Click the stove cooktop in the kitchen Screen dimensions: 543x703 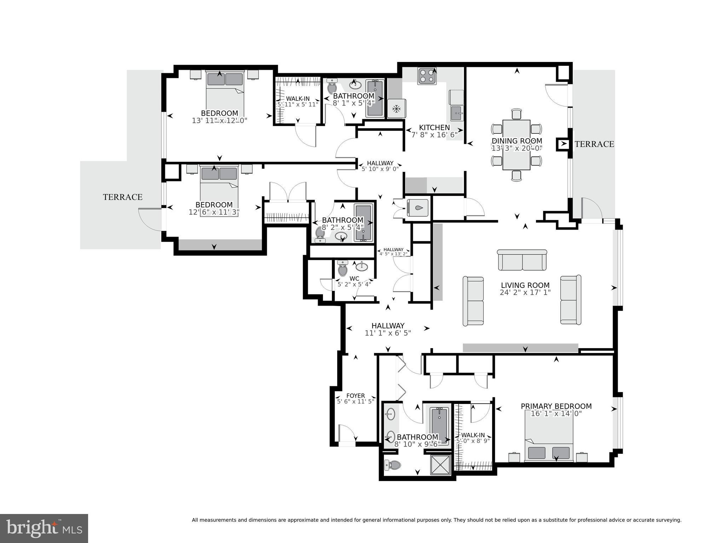click(x=427, y=76)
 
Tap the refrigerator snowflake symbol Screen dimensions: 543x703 click(x=397, y=109)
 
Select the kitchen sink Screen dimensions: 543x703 click(x=456, y=113)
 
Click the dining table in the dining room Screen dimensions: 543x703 click(x=516, y=145)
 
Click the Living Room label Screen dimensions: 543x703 click(x=525, y=285)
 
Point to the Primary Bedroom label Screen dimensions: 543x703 click(x=556, y=406)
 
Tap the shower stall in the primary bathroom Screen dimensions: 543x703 click(x=440, y=465)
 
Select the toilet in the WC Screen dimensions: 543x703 click(x=342, y=269)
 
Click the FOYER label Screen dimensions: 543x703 click(x=355, y=395)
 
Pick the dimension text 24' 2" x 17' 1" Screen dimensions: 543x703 click(x=525, y=293)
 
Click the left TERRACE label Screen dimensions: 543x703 click(x=122, y=197)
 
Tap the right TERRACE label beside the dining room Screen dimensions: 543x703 click(x=594, y=144)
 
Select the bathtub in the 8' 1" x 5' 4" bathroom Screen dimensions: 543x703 click(x=375, y=98)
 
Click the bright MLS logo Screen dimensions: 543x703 click(x=44, y=528)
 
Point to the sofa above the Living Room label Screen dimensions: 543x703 click(x=522, y=260)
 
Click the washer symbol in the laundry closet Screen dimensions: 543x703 click(x=418, y=208)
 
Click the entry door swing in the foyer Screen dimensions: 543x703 click(x=347, y=433)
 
